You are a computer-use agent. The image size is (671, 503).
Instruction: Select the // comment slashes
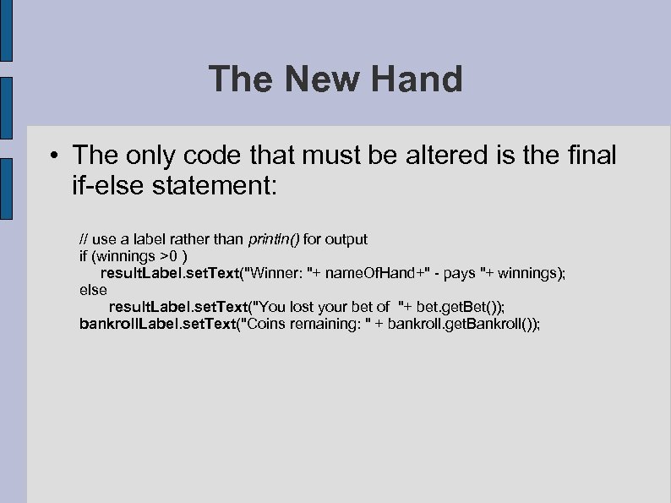[84, 239]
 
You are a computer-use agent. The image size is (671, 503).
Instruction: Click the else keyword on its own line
[93, 290]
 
